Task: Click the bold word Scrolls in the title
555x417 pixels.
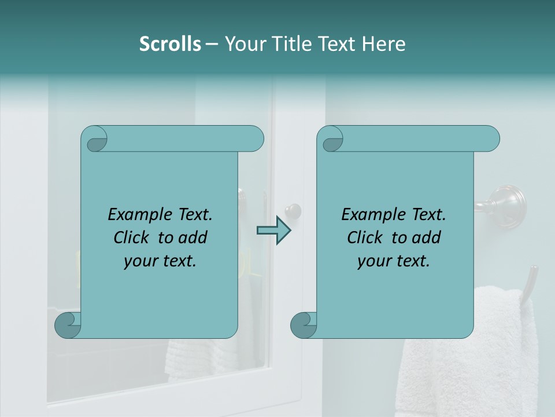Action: point(170,44)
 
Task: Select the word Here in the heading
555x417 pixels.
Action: point(383,44)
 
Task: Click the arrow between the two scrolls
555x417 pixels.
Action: point(273,231)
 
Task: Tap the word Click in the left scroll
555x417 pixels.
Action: point(131,237)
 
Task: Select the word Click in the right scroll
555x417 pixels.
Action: point(365,237)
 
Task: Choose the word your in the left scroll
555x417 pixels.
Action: point(139,261)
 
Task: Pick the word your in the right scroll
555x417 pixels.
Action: point(372,261)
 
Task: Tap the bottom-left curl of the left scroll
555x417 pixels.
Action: point(68,325)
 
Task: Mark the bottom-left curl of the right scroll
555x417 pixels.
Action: point(304,325)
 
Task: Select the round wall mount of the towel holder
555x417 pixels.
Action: point(507,204)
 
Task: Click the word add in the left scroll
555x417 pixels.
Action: point(193,237)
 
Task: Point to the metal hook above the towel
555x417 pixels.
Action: point(530,284)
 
